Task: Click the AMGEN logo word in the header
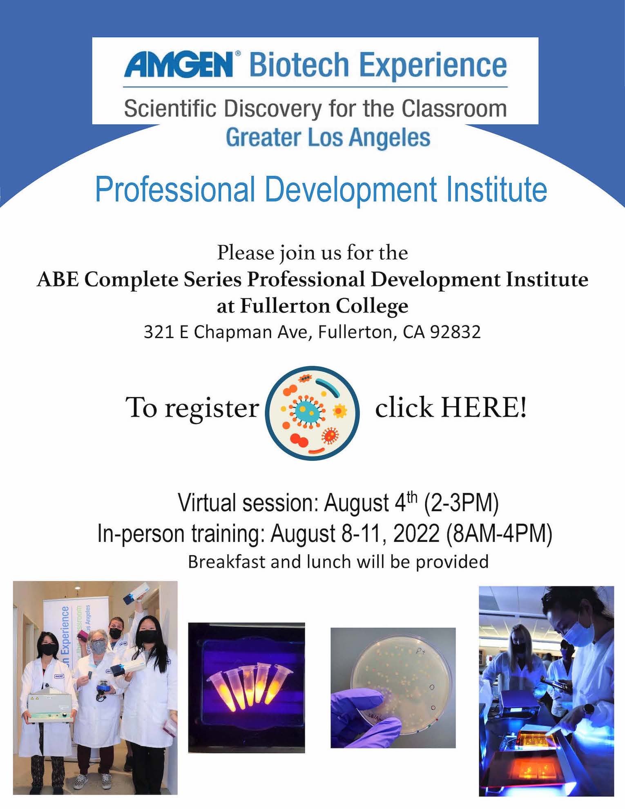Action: pos(178,64)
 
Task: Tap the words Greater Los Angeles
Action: pos(328,137)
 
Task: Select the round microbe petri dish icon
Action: pos(312,413)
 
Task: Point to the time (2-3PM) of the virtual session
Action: pos(461,503)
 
